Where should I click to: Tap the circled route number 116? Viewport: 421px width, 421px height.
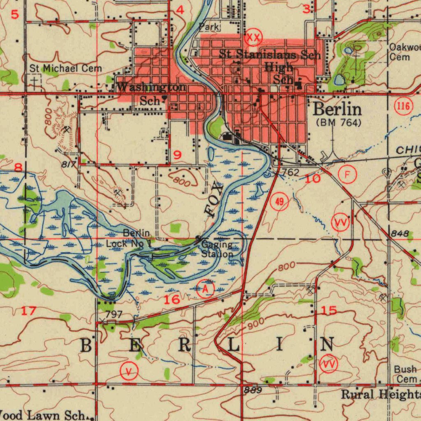[403, 107]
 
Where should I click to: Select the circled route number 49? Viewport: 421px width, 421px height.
[280, 202]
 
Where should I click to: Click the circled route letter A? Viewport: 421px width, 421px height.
[206, 289]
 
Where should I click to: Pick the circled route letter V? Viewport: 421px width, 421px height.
[129, 372]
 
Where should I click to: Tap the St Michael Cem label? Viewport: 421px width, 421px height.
[65, 68]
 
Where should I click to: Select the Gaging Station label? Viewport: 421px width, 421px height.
[217, 250]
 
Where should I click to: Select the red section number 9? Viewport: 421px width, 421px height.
[177, 155]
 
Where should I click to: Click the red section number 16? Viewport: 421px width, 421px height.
[172, 299]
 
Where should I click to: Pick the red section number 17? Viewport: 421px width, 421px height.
[29, 311]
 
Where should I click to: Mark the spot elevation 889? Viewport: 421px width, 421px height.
[252, 390]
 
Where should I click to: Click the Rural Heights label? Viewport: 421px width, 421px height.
[381, 395]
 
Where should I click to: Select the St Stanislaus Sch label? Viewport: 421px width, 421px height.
[270, 54]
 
